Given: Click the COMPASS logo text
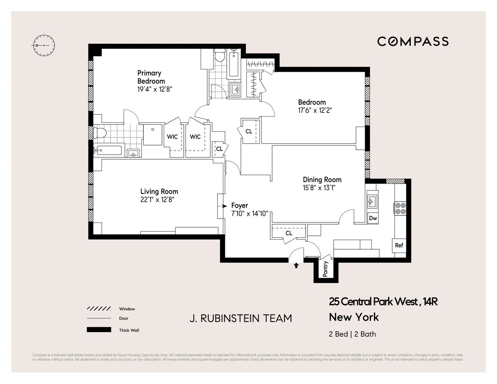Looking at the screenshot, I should pos(413,41).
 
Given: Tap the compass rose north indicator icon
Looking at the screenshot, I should pos(44,45).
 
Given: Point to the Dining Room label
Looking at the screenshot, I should pos(322,179).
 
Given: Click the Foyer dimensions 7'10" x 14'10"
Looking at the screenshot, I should pos(249,214).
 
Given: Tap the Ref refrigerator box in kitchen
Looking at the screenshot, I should pos(399,245).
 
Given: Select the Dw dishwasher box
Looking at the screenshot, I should pos(372,218).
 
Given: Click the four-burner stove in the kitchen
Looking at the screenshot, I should pos(400,208).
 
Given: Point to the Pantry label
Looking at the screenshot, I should pos(326,269).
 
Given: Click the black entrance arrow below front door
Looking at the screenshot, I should pos(296,265).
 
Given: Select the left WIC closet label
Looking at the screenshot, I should pos(172,137).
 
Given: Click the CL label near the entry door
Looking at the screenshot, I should pos(289,233).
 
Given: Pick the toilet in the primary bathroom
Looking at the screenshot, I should pos(100,133).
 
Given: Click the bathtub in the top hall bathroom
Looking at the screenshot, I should pos(234,65).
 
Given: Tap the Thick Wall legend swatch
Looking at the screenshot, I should pos(99,330).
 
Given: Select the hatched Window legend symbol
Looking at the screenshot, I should pos(99,309).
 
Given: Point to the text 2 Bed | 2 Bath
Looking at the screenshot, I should pos(352,334).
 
